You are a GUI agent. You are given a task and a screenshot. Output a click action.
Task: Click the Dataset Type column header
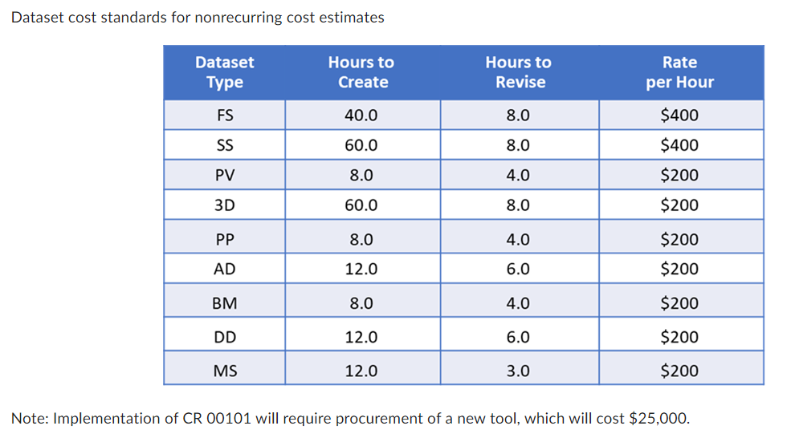224,72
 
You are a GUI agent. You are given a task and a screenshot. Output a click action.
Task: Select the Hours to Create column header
361,72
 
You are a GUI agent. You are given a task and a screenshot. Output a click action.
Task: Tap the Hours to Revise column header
519,72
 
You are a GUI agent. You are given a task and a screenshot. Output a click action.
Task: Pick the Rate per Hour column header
679,72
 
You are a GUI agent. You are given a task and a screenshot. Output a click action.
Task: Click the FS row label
225,116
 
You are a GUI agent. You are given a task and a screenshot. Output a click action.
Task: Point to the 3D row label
225,205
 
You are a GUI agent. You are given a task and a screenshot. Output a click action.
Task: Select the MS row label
225,371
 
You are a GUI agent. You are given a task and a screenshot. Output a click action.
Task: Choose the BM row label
225,303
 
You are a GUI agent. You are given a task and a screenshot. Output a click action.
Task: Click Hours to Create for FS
361,116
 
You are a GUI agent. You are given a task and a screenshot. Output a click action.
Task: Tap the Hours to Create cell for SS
361,145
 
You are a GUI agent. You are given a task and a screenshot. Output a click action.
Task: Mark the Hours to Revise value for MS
519,371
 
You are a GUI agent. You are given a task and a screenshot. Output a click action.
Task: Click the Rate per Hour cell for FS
679,116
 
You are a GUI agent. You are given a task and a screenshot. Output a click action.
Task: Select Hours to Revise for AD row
519,270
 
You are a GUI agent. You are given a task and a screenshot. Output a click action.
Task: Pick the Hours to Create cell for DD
361,337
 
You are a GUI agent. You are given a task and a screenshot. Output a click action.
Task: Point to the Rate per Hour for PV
679,175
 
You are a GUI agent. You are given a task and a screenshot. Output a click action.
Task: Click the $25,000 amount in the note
658,419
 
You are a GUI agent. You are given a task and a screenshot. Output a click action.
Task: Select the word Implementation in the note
94,419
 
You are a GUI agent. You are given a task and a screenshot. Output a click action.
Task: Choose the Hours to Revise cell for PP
519,239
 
